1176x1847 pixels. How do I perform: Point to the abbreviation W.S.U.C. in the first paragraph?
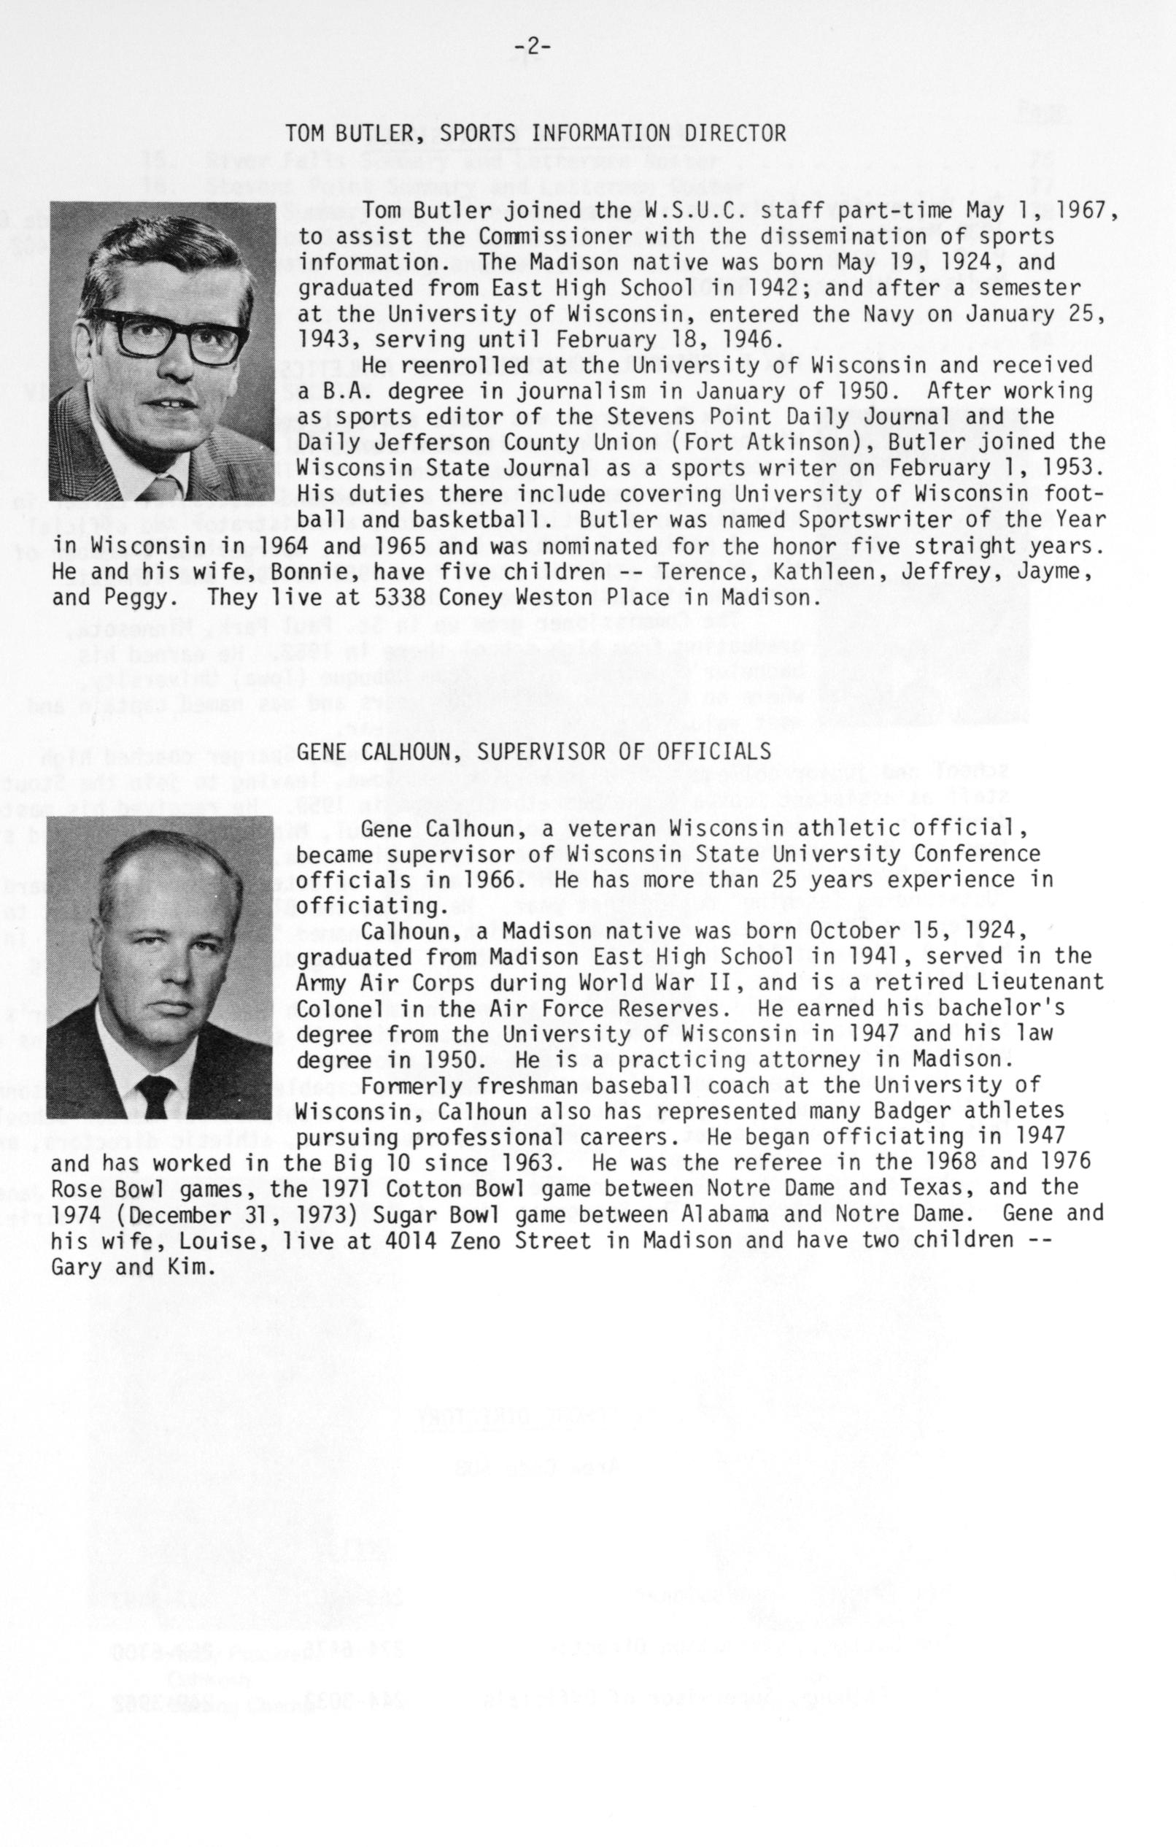[x=665, y=210]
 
